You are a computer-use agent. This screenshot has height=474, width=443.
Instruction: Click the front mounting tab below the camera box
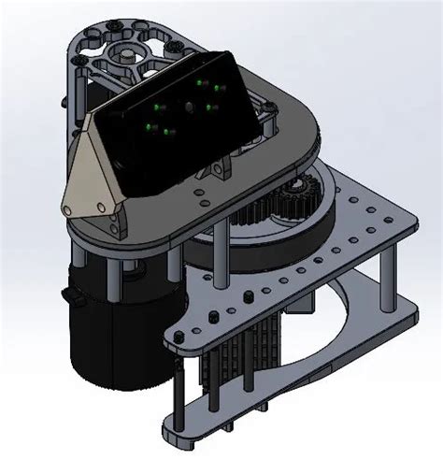coord(217,173)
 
